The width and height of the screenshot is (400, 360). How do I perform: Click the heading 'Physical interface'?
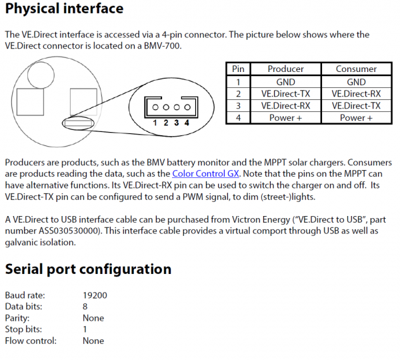[x=64, y=9]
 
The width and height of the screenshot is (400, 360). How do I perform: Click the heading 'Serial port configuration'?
[x=88, y=269]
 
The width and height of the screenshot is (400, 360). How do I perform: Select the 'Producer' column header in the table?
[x=285, y=69]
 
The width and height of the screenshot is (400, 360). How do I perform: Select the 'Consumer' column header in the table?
[x=356, y=69]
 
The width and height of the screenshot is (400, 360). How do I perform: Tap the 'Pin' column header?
[x=239, y=69]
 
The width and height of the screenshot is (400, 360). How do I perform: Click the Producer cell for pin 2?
[x=285, y=93]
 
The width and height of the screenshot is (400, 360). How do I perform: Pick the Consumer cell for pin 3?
[x=356, y=105]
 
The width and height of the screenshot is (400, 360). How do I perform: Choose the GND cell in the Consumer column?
[x=356, y=81]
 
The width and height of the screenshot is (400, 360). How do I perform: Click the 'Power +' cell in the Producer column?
[x=285, y=117]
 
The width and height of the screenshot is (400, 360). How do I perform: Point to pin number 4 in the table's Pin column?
[x=239, y=117]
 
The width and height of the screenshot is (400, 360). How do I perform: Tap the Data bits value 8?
[x=85, y=307]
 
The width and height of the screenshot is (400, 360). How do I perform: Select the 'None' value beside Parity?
[x=93, y=318]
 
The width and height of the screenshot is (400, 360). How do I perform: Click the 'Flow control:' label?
[x=31, y=341]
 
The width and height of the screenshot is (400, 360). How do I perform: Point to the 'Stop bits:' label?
[x=24, y=329]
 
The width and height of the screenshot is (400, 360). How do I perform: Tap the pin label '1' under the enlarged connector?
[x=154, y=123]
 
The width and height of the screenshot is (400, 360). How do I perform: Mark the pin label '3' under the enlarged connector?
[x=176, y=123]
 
